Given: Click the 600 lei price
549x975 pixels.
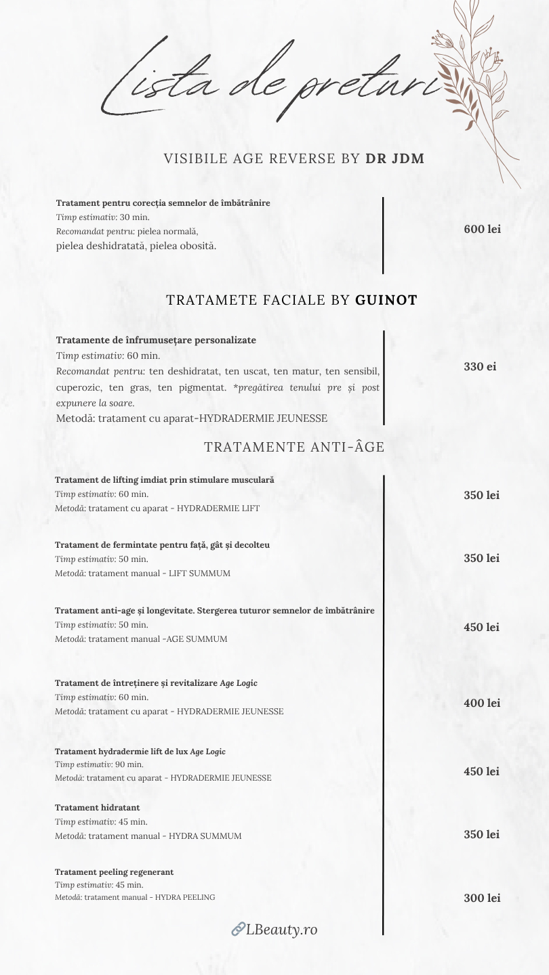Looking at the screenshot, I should tap(482, 230).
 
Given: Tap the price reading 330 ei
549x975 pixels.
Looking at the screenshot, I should tap(480, 366).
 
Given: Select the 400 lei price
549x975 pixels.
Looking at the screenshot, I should tap(482, 703).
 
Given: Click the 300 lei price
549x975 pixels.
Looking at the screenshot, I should tap(482, 898).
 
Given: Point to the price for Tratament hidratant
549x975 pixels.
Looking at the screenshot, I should tap(482, 835).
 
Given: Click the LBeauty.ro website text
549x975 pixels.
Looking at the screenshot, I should tap(281, 930).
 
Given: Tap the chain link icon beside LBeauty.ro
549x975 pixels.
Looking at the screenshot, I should tap(238, 930).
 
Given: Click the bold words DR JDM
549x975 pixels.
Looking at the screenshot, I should tap(395, 159).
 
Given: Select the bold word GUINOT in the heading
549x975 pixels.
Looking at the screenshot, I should tap(386, 300).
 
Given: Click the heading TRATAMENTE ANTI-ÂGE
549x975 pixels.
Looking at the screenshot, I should tap(294, 447).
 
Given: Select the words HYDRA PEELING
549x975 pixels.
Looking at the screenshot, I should tap(185, 897).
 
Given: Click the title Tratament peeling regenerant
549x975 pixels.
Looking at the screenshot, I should tap(114, 872).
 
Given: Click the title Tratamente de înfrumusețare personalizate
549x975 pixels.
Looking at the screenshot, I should tap(156, 340).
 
